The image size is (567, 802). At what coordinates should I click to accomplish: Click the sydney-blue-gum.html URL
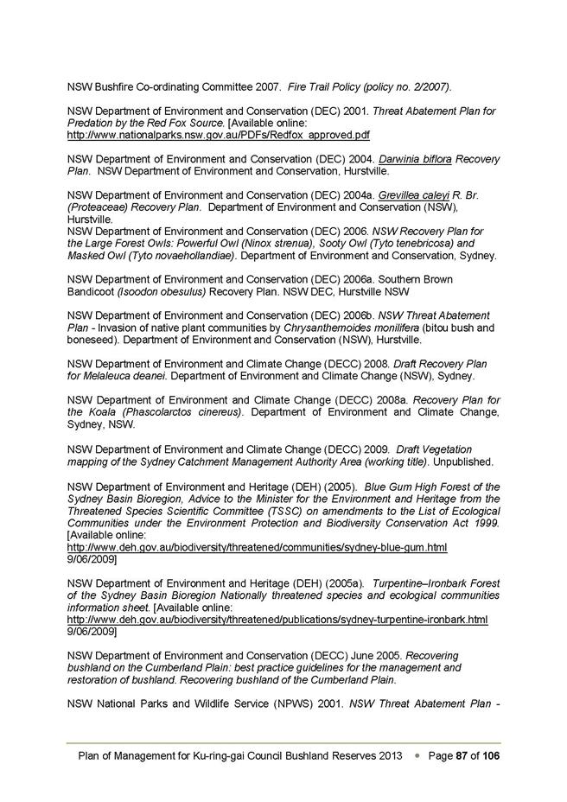click(x=257, y=548)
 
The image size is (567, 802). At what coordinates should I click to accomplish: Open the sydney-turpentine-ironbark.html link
click(x=277, y=620)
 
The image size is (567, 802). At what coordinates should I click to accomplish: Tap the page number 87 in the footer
click(x=462, y=755)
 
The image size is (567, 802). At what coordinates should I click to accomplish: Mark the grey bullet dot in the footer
click(x=417, y=755)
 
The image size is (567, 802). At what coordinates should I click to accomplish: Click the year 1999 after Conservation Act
click(x=485, y=523)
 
